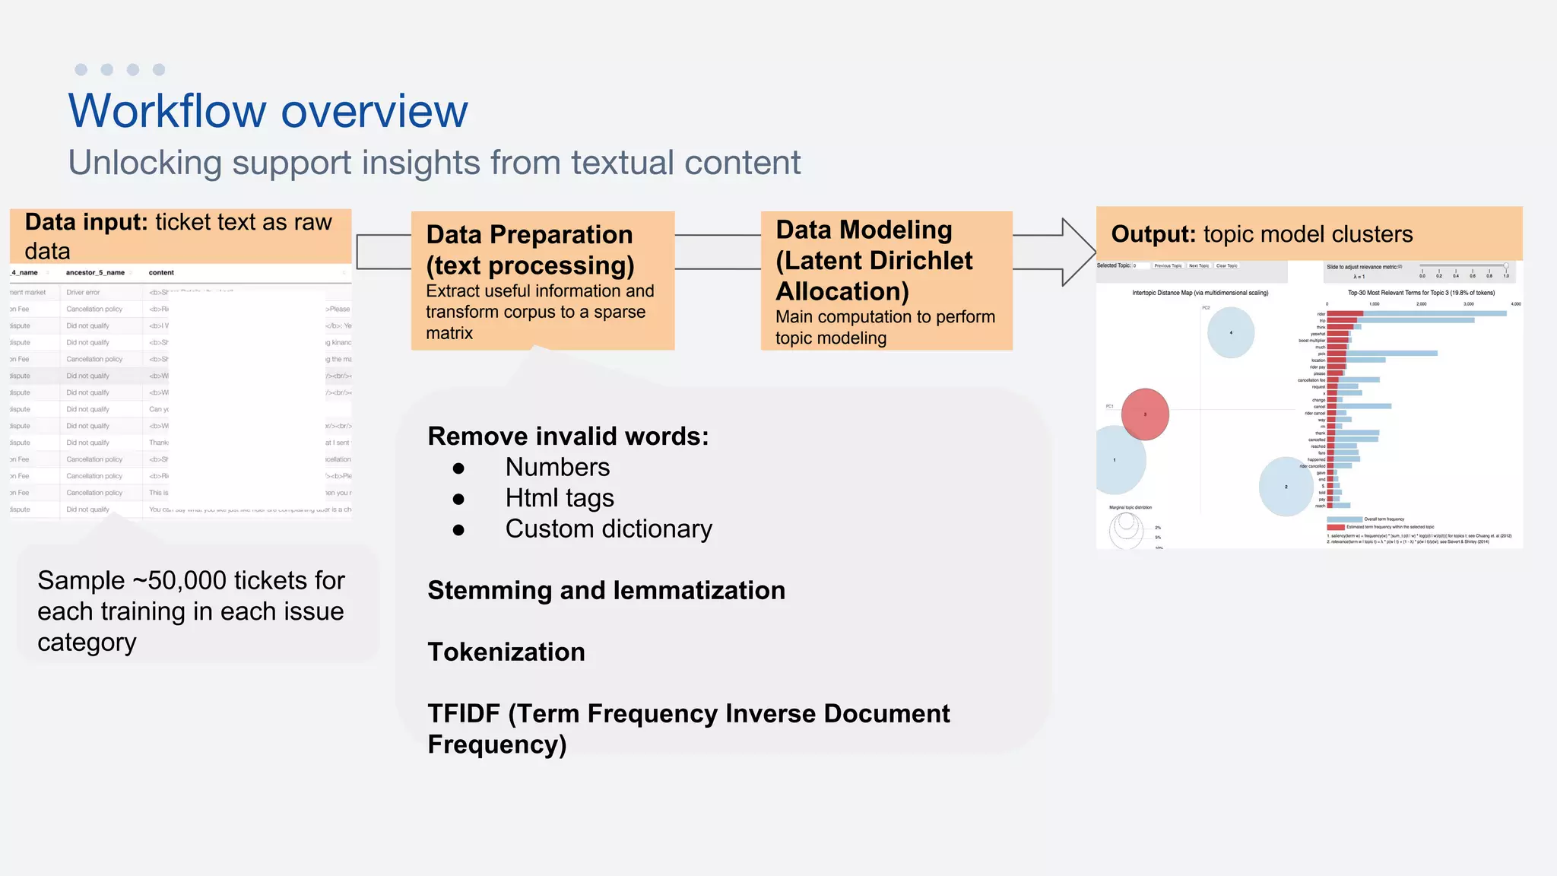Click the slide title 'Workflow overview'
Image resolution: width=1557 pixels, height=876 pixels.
point(268,111)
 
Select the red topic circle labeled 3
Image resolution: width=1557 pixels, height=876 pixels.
point(1145,414)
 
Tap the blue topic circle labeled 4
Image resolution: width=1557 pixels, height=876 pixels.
point(1230,332)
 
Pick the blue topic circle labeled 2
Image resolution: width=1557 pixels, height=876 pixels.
point(1286,487)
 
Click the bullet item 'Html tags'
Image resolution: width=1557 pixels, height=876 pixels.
point(559,498)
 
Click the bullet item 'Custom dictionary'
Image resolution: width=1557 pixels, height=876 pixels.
point(608,529)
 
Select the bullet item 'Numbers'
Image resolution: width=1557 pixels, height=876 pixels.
point(557,467)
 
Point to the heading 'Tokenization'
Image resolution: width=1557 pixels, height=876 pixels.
point(506,652)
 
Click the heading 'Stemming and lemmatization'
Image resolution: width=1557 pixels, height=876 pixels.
point(606,591)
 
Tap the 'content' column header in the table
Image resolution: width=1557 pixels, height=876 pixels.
point(161,272)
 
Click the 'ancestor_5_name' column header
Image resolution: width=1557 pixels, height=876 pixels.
point(95,272)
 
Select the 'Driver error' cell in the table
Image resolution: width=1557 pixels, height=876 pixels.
point(83,292)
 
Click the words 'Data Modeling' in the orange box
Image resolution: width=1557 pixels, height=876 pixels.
point(864,230)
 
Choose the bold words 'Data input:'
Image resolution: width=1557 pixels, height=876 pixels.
point(86,222)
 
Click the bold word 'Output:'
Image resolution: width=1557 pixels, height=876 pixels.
point(1153,234)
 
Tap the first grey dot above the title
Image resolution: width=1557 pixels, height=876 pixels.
point(81,70)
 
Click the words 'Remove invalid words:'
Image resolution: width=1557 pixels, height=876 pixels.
point(568,436)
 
